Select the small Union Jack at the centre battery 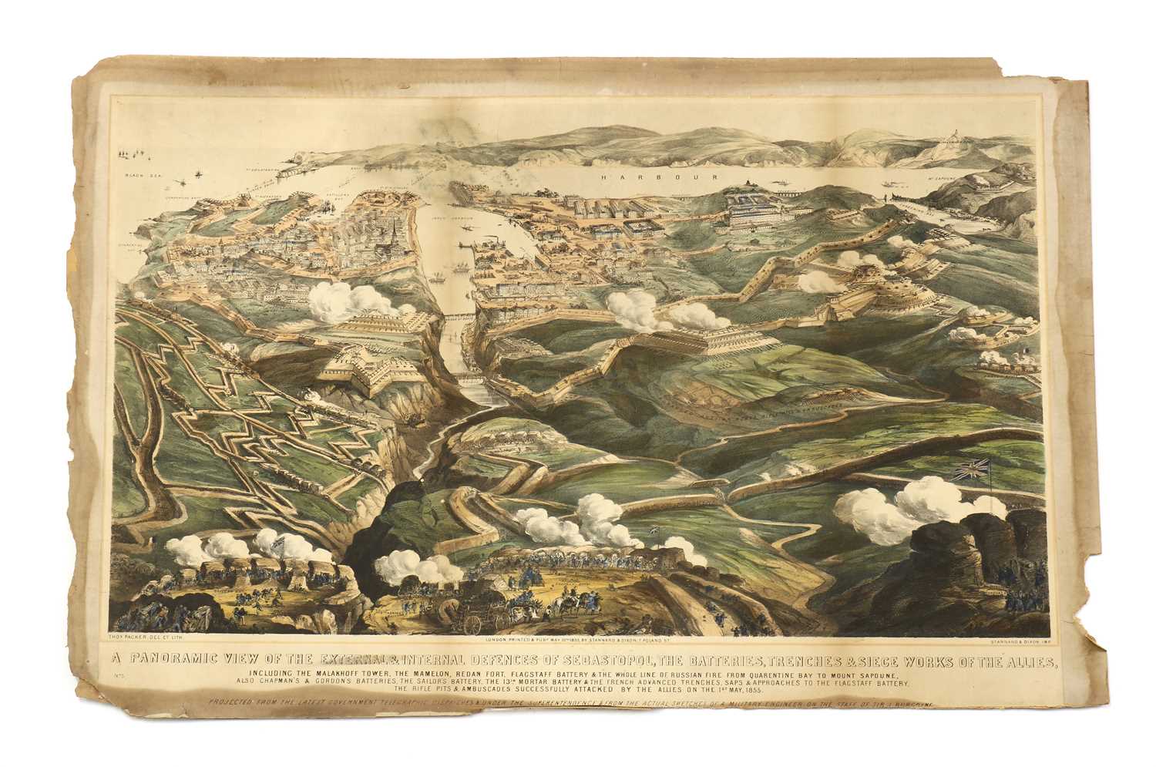click(656, 530)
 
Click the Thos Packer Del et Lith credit click(148, 639)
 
